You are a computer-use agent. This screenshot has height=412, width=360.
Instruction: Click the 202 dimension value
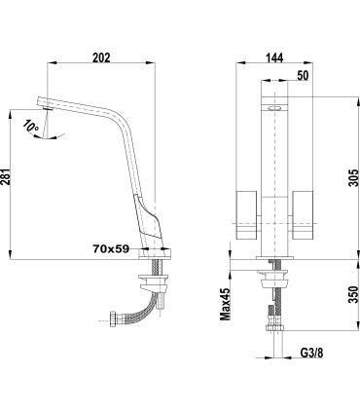(x=101, y=57)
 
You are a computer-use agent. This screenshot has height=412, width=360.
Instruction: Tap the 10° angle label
(x=33, y=126)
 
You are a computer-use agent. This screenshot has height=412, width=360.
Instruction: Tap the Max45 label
(x=225, y=302)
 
